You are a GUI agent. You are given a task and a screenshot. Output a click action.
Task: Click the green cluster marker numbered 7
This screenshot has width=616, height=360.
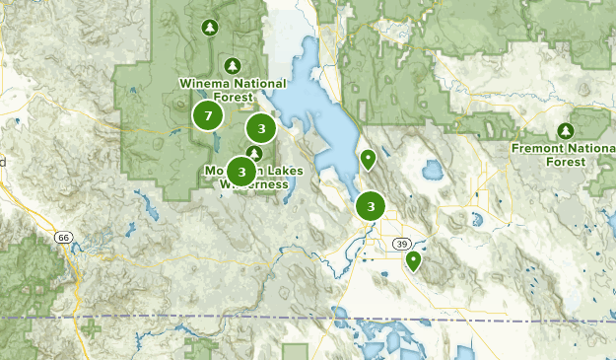[207, 116]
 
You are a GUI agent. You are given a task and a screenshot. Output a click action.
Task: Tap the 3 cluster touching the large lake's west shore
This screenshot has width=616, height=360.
[260, 128]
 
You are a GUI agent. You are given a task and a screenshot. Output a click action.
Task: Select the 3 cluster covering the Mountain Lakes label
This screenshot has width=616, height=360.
[241, 172]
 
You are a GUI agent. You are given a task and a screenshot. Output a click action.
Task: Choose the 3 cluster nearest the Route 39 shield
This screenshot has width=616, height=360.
[371, 206]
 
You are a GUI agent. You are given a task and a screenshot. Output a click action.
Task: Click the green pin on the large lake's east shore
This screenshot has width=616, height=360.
[369, 158]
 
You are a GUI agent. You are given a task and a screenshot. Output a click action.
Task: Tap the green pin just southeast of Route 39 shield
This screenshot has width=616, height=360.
[413, 260]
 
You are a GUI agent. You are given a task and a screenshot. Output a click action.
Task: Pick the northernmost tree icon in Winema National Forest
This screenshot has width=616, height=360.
[208, 28]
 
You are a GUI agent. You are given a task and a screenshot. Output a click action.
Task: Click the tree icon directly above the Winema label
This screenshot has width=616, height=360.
[232, 66]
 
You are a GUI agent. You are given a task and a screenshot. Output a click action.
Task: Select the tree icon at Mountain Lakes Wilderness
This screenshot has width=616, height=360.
[254, 153]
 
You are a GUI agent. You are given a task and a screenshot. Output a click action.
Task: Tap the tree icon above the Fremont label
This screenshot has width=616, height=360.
[566, 130]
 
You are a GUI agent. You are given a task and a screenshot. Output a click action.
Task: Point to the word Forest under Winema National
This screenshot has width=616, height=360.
[229, 97]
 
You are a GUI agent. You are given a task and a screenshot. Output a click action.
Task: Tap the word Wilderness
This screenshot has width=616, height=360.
[254, 184]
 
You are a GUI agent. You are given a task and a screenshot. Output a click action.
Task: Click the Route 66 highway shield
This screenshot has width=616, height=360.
[64, 238]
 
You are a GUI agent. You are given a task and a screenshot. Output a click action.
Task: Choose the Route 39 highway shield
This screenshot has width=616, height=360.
[402, 244]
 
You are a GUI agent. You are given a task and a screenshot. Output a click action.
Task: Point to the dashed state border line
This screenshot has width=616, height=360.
[197, 318]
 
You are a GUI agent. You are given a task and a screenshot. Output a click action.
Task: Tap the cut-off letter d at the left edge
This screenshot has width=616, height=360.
[3, 162]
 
